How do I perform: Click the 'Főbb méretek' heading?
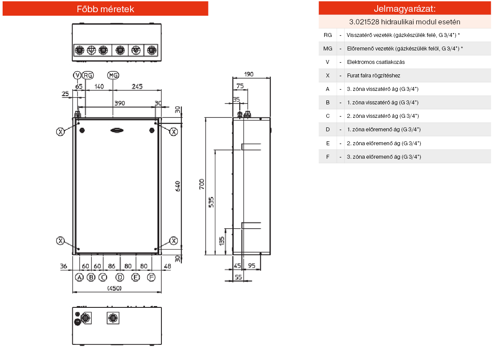pyautogui.click(x=105, y=9)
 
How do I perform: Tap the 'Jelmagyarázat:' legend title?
pyautogui.click(x=405, y=9)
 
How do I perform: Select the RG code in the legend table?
pyautogui.click(x=328, y=35)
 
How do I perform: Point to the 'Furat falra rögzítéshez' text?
pyautogui.click(x=373, y=75)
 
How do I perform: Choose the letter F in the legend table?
pyautogui.click(x=328, y=157)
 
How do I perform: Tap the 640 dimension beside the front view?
pyautogui.click(x=177, y=187)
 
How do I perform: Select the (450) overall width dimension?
pyautogui.click(x=114, y=288)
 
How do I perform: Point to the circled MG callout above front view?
pyautogui.click(x=113, y=75)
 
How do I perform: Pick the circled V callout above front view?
pyautogui.click(x=77, y=75)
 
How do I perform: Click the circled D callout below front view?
pyautogui.click(x=120, y=277)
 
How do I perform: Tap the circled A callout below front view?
pyautogui.click(x=79, y=277)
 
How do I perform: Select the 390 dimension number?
pyautogui.click(x=119, y=103)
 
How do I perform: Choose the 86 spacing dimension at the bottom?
pyautogui.click(x=112, y=266)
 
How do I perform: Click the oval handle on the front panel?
pyautogui.click(x=117, y=130)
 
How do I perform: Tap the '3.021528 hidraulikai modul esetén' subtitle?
pyautogui.click(x=405, y=21)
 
